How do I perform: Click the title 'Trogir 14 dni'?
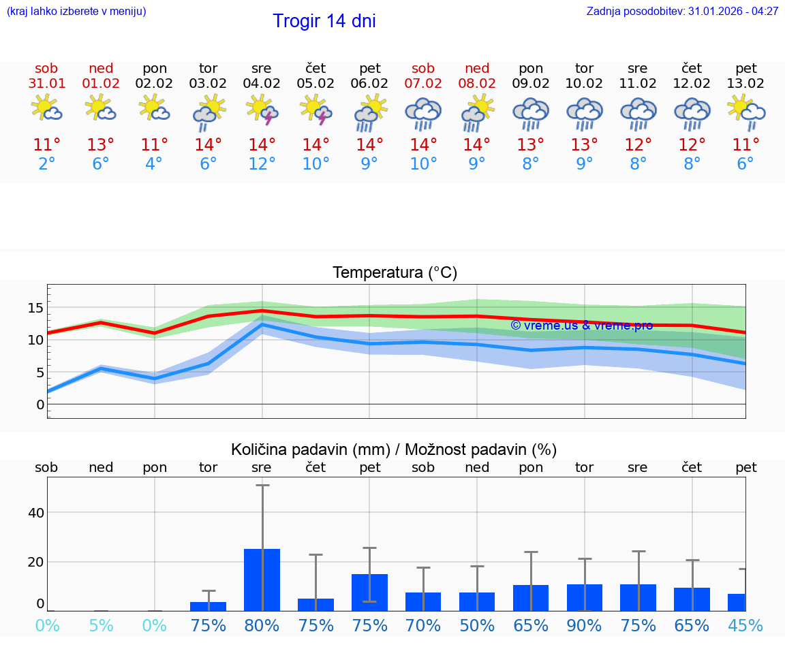pos(324,21)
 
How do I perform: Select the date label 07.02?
pos(423,84)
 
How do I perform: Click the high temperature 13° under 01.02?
pos(100,145)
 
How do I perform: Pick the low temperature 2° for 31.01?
pos(46,164)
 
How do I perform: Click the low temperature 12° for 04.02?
pos(262,164)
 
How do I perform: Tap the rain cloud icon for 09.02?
pos(531,113)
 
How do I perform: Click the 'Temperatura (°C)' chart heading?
pos(395,273)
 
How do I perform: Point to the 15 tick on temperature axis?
pos(35,308)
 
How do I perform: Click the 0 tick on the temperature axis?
pos(40,405)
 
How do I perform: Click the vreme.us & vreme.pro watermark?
pos(581,326)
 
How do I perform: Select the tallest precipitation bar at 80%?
pos(262,579)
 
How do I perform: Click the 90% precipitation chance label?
pos(585,625)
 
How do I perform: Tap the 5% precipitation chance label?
pos(101,625)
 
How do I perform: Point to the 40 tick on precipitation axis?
pos(35,512)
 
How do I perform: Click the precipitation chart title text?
pos(394,449)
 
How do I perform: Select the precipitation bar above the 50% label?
pos(477,601)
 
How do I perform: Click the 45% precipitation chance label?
pos(745,625)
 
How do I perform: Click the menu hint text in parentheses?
pos(76,12)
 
